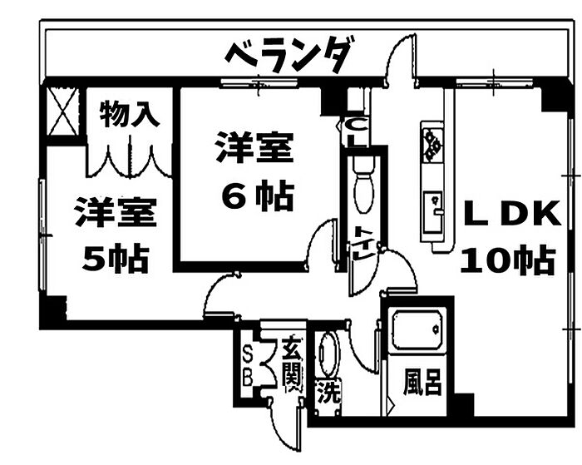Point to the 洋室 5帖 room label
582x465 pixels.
(x=115, y=235)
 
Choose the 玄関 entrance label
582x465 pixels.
(x=291, y=363)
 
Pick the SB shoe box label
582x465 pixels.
(x=246, y=364)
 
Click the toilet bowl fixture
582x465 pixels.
(x=363, y=188)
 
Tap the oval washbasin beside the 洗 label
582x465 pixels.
(x=328, y=356)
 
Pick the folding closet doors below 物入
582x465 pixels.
(x=129, y=158)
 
